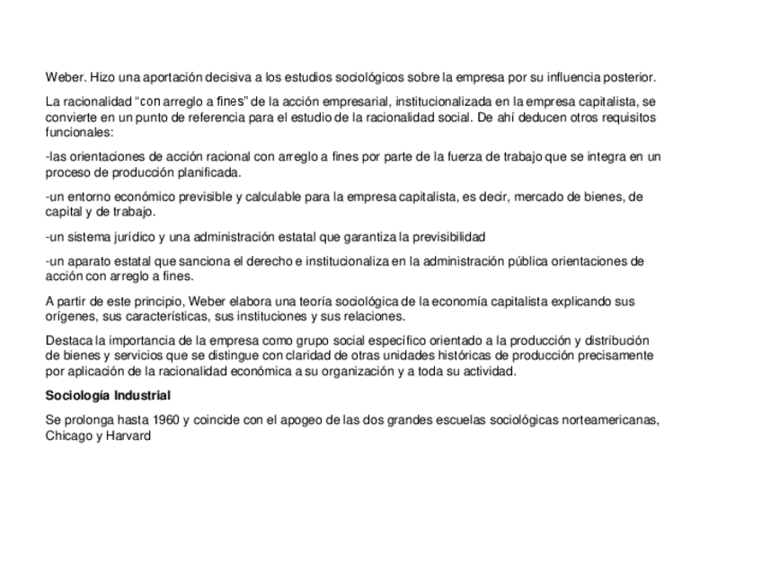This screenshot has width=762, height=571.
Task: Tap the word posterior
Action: click(x=629, y=77)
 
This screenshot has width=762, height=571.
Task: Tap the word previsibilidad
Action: click(x=440, y=237)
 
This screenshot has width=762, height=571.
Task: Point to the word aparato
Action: click(x=93, y=262)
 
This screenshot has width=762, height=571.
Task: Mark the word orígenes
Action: click(x=68, y=316)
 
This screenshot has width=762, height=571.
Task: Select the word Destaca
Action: click(x=68, y=341)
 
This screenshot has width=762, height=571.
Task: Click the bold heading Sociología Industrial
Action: click(x=108, y=395)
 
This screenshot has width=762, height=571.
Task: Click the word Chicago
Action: click(x=67, y=435)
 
